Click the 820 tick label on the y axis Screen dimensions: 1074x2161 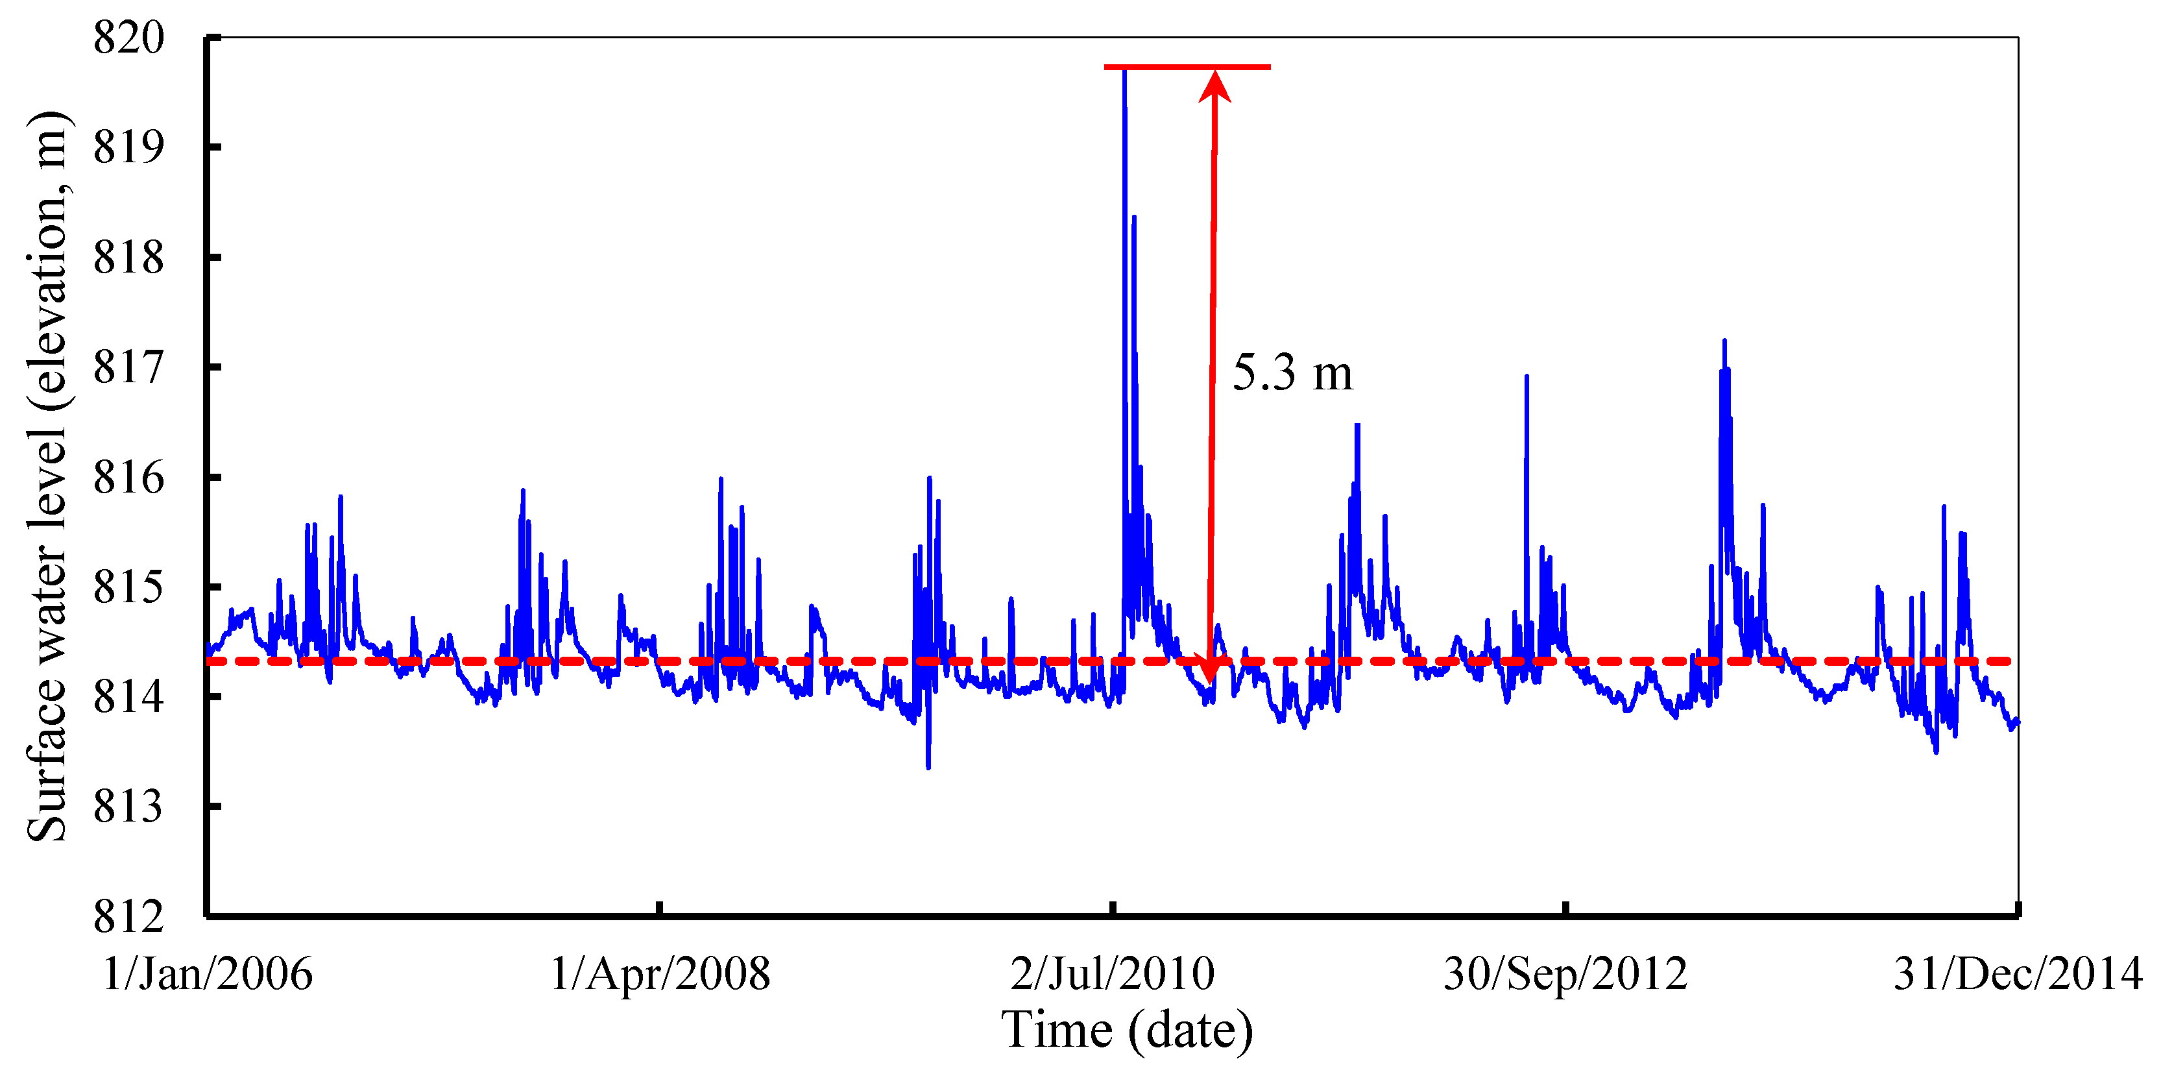coord(128,38)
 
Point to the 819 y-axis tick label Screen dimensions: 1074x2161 coord(128,148)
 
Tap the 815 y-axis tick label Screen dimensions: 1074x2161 coord(128,587)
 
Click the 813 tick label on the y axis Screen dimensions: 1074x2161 coord(128,807)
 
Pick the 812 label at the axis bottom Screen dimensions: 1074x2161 coord(128,916)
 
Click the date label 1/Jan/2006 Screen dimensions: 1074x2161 coord(207,974)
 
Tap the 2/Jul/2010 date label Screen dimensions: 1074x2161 coord(1113,974)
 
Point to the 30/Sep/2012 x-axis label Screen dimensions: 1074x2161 coord(1565,974)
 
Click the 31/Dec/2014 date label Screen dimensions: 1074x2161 coord(2018,974)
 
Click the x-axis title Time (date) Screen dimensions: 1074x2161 coord(1127,1031)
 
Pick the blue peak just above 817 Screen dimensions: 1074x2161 coord(1725,341)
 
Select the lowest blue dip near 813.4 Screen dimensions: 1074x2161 coord(928,766)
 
